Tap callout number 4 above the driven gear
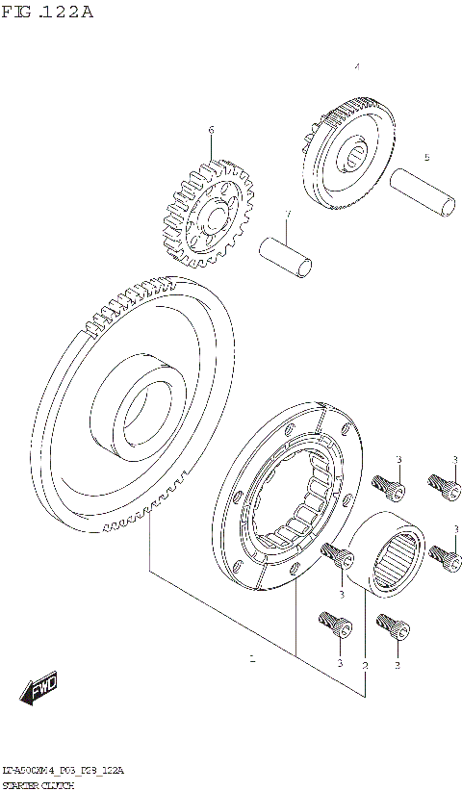356,67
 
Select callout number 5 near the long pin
426,157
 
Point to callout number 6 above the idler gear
210,129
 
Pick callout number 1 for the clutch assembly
252,659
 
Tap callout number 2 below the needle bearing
365,664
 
